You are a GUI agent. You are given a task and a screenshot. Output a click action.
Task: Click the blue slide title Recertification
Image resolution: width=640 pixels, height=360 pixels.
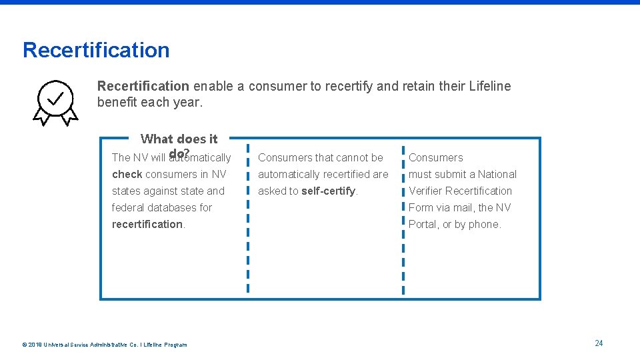pyautogui.click(x=96, y=50)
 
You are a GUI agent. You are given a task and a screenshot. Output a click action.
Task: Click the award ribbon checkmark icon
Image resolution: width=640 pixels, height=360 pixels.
pyautogui.click(x=56, y=101)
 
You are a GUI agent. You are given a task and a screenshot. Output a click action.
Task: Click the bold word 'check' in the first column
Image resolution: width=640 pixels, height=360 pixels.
pyautogui.click(x=127, y=175)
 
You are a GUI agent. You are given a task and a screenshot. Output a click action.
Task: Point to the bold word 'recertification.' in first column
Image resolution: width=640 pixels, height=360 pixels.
pyautogui.click(x=149, y=225)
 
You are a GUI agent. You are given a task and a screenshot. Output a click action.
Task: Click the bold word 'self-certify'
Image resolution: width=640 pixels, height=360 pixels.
pyautogui.click(x=329, y=191)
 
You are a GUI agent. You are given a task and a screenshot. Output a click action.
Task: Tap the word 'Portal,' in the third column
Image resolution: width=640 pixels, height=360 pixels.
pyautogui.click(x=424, y=225)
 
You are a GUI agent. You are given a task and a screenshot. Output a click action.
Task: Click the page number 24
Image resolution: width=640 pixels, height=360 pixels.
pyautogui.click(x=599, y=343)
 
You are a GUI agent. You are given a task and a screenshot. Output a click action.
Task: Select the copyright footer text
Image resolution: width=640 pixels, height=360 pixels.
pyautogui.click(x=105, y=345)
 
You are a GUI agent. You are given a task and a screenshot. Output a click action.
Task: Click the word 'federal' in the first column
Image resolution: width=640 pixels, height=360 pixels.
pyautogui.click(x=129, y=208)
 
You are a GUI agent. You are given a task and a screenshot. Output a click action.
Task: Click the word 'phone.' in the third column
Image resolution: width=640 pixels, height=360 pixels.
pyautogui.click(x=485, y=225)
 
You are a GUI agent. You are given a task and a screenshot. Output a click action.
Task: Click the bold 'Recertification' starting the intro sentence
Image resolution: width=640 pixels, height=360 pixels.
pyautogui.click(x=143, y=86)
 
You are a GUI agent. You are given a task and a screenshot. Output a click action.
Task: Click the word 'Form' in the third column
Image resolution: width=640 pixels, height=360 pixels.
pyautogui.click(x=421, y=208)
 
